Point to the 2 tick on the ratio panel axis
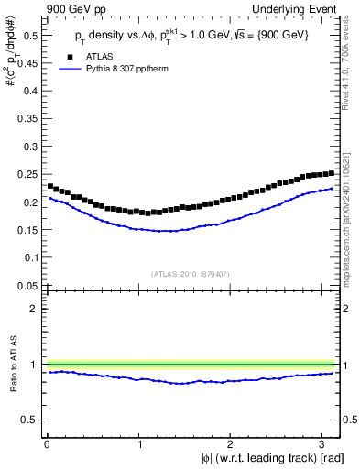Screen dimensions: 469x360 [32, 309]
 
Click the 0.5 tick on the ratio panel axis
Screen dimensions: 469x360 [26, 420]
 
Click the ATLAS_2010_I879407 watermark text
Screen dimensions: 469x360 [191, 274]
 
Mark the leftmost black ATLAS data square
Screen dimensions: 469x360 [50, 186]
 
